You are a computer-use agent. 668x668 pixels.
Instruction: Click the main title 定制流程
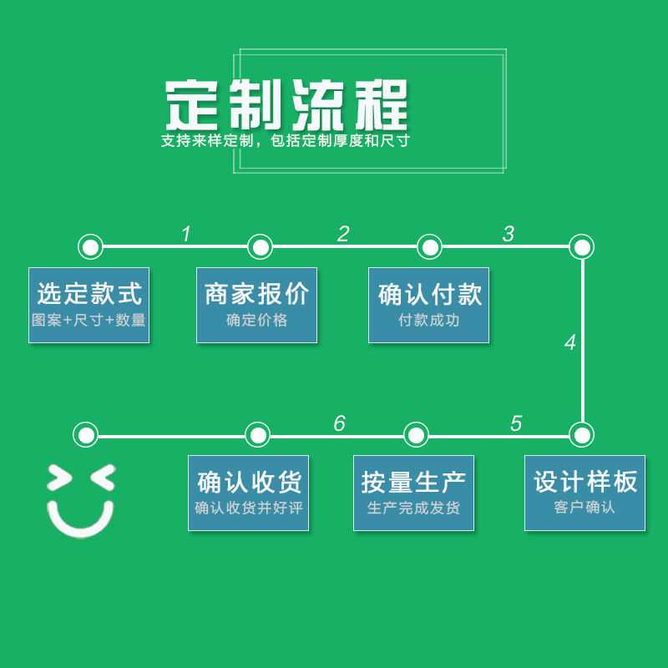click(286, 105)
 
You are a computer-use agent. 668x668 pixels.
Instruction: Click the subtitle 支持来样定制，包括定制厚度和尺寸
click(285, 140)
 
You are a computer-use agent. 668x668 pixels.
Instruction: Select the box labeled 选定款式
click(89, 305)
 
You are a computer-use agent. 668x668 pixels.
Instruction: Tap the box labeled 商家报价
click(256, 305)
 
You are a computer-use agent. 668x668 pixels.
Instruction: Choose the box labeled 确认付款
click(428, 305)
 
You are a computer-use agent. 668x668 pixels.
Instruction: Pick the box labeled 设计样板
click(585, 493)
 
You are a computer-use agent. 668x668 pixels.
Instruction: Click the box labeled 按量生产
click(413, 493)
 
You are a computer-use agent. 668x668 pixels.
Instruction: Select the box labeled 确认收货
click(248, 493)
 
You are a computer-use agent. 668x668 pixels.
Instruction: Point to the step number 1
click(186, 234)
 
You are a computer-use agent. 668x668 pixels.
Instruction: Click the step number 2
click(343, 234)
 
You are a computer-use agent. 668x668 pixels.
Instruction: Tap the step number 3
click(509, 234)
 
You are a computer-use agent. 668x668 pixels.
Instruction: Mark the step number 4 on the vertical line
click(570, 342)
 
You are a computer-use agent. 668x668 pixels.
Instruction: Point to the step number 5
click(516, 423)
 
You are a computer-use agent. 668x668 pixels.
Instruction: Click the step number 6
click(340, 423)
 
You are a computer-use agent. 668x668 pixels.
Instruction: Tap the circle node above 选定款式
click(90, 246)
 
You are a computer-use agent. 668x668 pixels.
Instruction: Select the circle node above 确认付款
click(429, 246)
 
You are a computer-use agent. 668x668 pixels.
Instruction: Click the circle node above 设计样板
click(581, 435)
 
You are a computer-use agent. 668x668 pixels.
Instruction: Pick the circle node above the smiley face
click(86, 435)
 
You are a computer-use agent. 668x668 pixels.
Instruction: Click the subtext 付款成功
click(429, 320)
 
